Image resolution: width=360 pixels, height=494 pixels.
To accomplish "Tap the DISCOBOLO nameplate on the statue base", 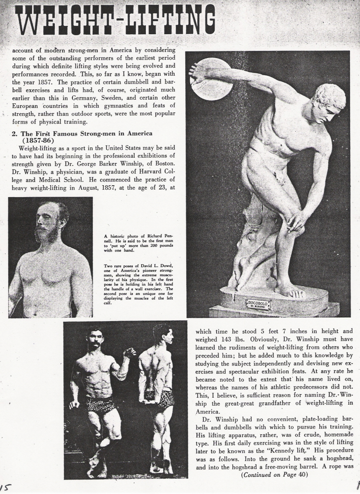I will coord(258,304).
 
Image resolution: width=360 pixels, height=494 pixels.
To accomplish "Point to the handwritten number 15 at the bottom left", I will coord(5,487).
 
